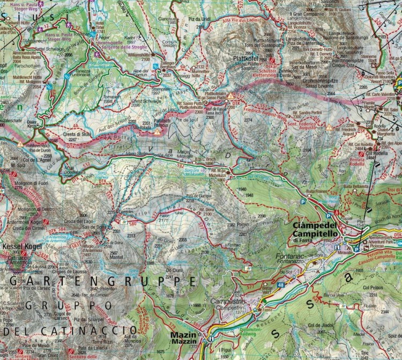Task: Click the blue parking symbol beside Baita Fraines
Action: pos(304,202)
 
